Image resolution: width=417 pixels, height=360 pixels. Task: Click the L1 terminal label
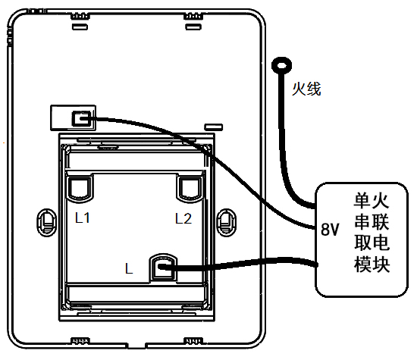tap(83, 218)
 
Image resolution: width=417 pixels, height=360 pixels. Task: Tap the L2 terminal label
tap(183, 218)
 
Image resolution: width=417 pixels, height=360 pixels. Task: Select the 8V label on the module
tap(330, 229)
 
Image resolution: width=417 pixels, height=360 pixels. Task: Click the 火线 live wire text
tap(306, 89)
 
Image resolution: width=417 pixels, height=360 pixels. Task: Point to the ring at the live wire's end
tap(281, 65)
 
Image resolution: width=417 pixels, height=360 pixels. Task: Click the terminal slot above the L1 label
tap(80, 189)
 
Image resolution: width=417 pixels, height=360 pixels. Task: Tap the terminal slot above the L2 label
tap(190, 189)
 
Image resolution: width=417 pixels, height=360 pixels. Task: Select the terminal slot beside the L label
tap(163, 268)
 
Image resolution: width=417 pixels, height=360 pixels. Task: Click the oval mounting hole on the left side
tap(47, 222)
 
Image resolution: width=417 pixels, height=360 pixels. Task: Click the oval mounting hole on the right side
tap(227, 222)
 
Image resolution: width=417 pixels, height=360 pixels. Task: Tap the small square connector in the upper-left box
tap(81, 118)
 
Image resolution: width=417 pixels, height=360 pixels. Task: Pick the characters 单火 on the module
tap(372, 202)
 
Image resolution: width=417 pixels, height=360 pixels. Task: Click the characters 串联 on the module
tap(372, 222)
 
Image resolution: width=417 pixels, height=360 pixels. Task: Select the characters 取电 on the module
tap(372, 243)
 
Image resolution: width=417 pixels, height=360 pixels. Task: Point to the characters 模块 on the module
tap(372, 264)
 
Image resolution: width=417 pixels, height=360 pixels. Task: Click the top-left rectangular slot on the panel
tap(80, 27)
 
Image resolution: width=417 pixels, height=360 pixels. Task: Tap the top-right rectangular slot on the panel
tap(193, 27)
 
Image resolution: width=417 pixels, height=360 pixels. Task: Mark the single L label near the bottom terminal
tap(129, 268)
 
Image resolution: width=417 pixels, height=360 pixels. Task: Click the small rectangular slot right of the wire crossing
tap(214, 127)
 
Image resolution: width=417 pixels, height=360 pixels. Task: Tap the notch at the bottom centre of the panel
tap(137, 345)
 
